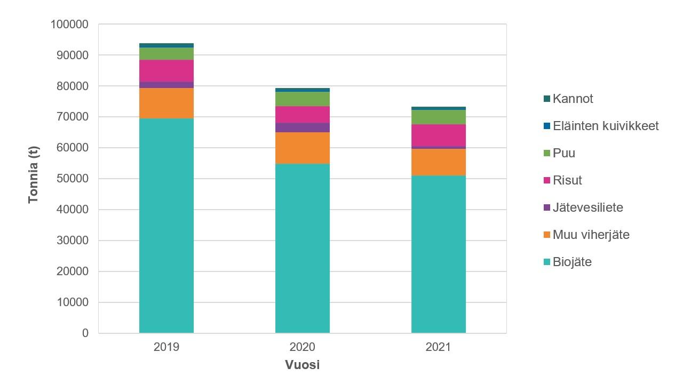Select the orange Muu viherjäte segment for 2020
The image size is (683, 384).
(302, 148)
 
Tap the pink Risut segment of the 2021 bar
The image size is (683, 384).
(438, 135)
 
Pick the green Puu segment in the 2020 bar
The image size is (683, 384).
(302, 99)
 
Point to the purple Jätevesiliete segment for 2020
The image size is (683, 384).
(302, 127)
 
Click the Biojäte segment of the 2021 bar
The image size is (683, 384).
(438, 254)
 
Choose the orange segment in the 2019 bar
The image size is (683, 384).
(166, 103)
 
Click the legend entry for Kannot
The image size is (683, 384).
(573, 99)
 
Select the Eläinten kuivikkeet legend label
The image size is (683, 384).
(606, 126)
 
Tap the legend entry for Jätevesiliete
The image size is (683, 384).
(587, 207)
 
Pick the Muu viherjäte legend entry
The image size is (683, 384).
(591, 235)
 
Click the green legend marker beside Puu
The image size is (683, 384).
(546, 154)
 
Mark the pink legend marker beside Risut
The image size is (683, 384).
(546, 181)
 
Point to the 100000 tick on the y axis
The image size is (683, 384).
(69, 24)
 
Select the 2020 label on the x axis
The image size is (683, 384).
(302, 347)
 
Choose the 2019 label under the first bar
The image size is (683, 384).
(166, 347)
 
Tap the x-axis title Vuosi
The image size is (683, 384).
(302, 365)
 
